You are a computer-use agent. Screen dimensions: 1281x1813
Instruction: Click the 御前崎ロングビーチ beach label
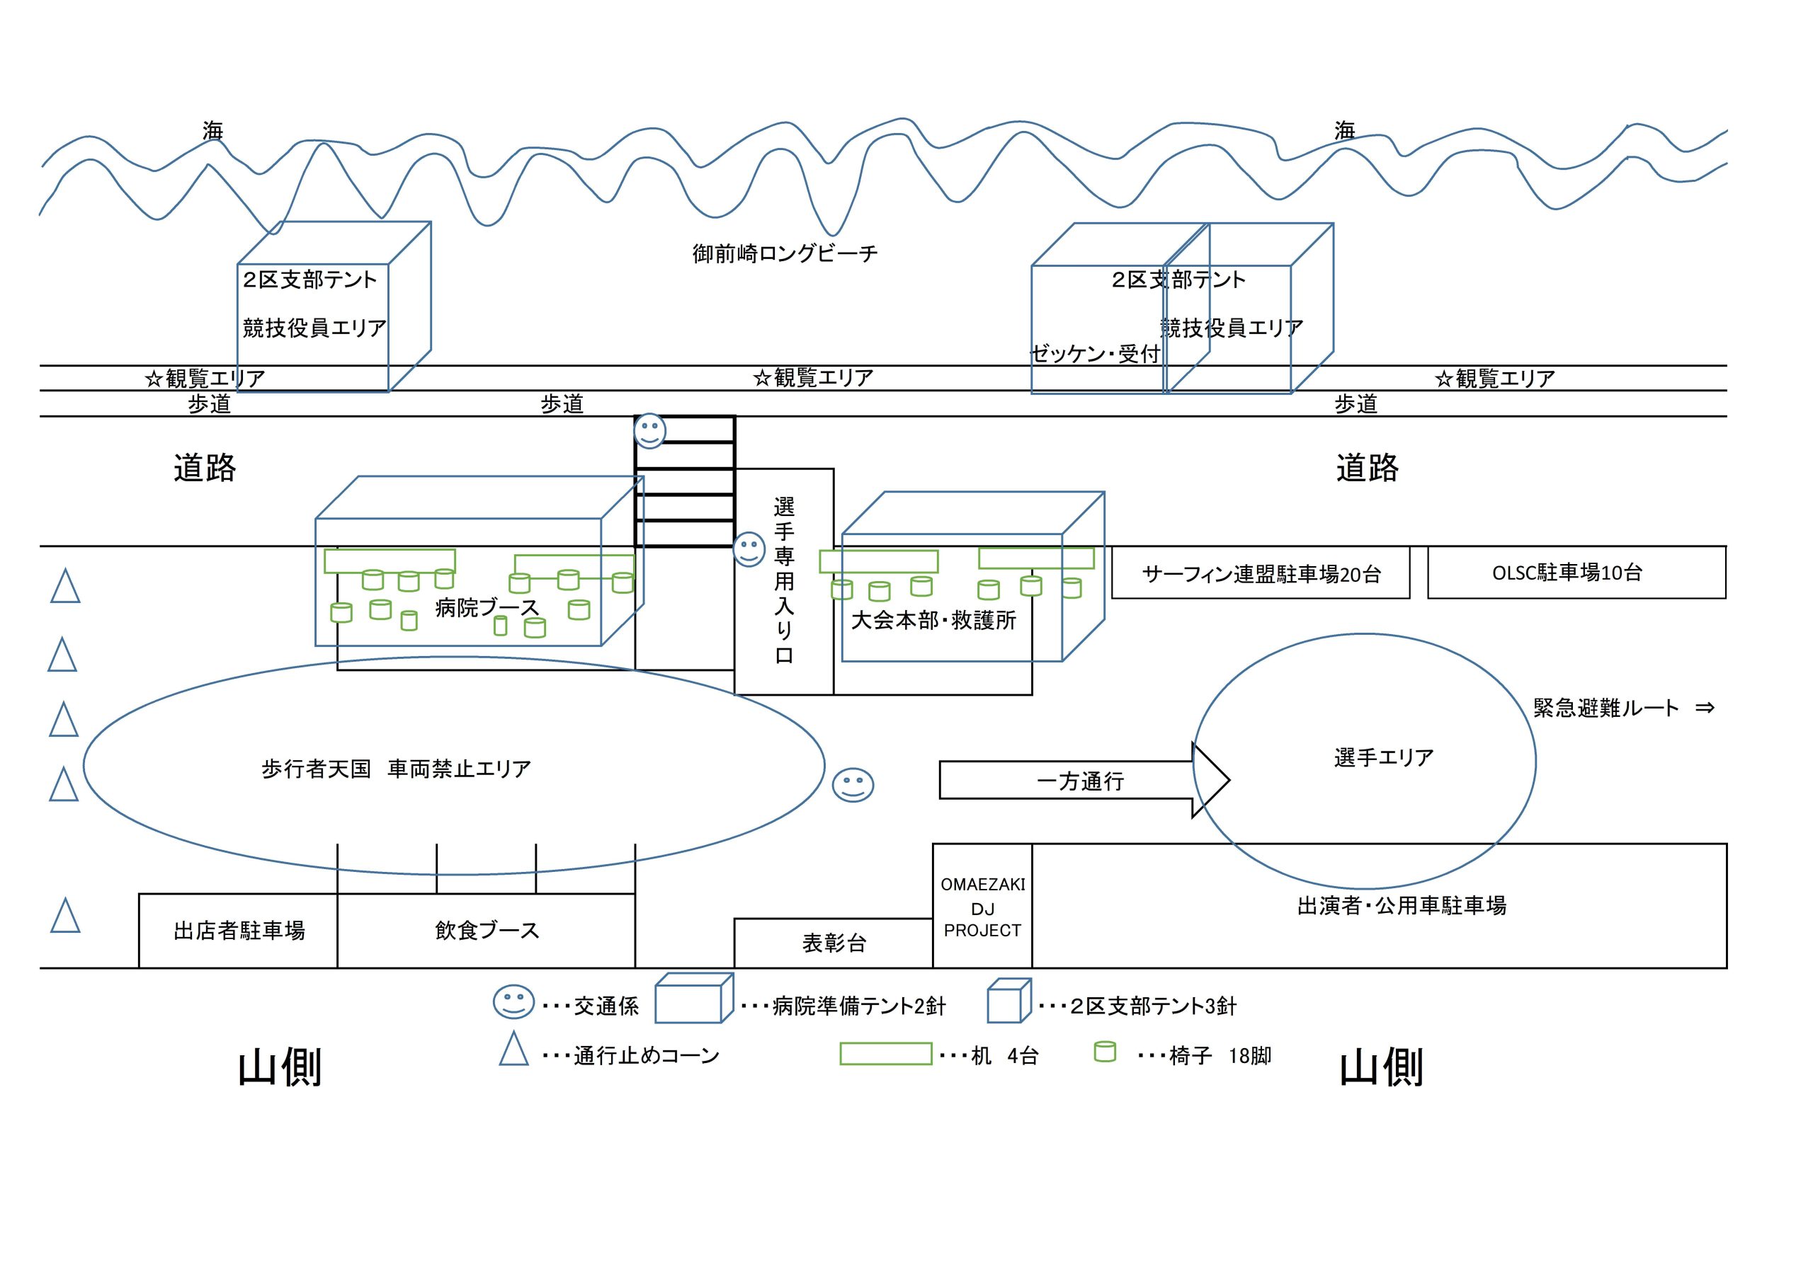pyautogui.click(x=784, y=253)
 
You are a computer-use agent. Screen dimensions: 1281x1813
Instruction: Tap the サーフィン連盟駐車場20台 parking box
pyautogui.click(x=1261, y=574)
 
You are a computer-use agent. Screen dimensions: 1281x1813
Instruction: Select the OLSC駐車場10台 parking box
pyautogui.click(x=1576, y=573)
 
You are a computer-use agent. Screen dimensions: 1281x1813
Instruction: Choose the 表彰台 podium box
pyautogui.click(x=834, y=943)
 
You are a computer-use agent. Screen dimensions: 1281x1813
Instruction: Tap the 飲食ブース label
pyautogui.click(x=487, y=931)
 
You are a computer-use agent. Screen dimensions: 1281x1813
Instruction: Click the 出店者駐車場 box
pyautogui.click(x=239, y=931)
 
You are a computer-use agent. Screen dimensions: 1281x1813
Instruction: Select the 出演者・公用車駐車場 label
pyautogui.click(x=1402, y=905)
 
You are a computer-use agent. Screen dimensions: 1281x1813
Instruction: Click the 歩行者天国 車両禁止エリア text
pyautogui.click(x=396, y=769)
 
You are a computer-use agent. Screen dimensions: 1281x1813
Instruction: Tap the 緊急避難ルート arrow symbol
pyautogui.click(x=1705, y=708)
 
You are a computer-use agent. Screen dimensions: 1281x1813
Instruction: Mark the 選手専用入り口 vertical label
pyautogui.click(x=783, y=580)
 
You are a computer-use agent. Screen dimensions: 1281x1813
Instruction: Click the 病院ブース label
pyautogui.click(x=487, y=608)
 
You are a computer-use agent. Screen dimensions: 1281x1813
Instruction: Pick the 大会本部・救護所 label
pyautogui.click(x=933, y=621)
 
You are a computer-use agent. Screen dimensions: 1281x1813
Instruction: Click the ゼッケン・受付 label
pyautogui.click(x=1095, y=355)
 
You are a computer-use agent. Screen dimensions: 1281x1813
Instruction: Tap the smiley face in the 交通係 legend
pyautogui.click(x=513, y=1001)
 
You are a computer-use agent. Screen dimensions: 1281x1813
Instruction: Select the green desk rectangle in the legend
pyautogui.click(x=885, y=1054)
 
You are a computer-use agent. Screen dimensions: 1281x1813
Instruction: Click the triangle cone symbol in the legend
pyautogui.click(x=513, y=1050)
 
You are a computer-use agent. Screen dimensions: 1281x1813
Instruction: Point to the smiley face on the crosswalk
pyautogui.click(x=650, y=431)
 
